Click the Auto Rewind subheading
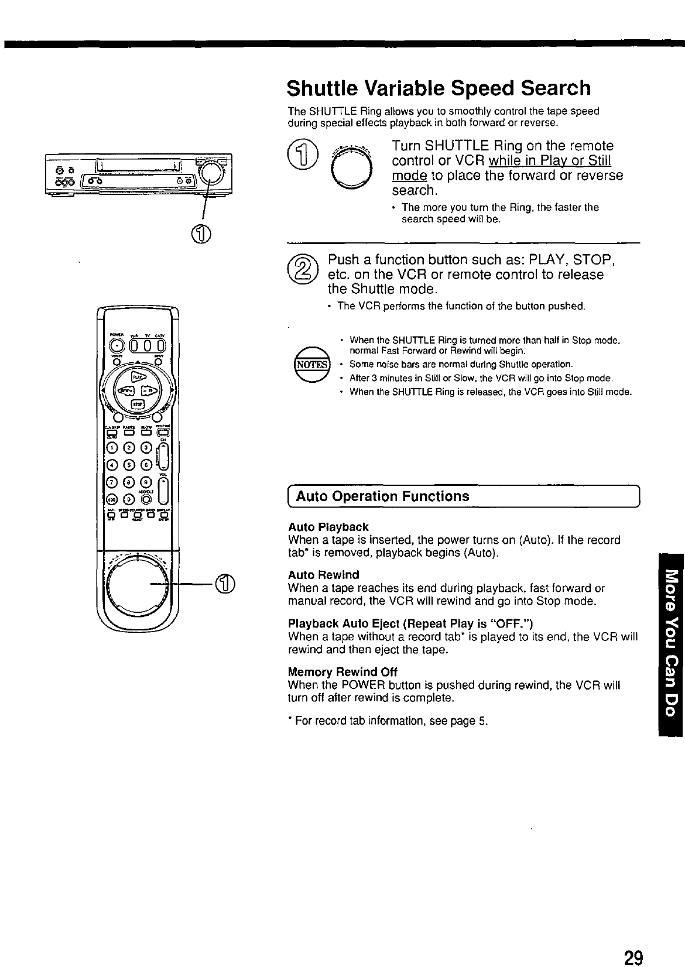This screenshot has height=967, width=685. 323,575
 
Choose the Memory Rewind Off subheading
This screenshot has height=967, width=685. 343,671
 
